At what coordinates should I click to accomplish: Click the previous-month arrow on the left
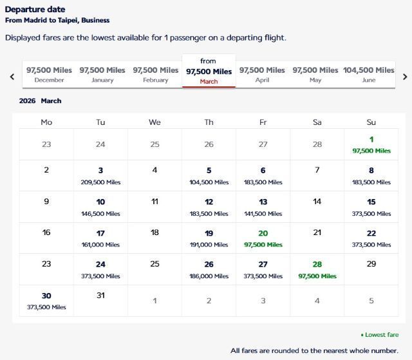click(12, 77)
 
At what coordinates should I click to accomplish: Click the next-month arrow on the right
click(404, 77)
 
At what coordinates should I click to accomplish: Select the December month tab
click(49, 74)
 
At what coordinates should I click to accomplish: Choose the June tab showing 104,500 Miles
click(368, 74)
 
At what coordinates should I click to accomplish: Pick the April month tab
click(262, 74)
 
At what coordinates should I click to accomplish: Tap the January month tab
click(102, 74)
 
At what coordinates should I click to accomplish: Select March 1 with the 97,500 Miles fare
click(371, 144)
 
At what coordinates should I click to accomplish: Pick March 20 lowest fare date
click(263, 238)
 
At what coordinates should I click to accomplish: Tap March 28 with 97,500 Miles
click(317, 269)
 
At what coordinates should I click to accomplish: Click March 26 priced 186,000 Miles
click(209, 269)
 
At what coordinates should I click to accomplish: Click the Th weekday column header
click(209, 122)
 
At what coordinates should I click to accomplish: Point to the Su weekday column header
click(371, 122)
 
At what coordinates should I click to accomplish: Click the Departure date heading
click(35, 10)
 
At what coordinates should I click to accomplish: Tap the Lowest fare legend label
click(381, 335)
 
